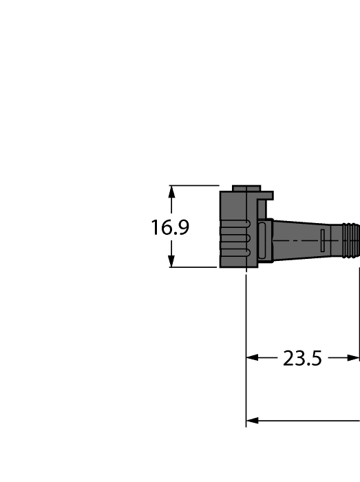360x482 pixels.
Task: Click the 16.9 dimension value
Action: [170, 227]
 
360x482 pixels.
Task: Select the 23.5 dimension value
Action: [302, 359]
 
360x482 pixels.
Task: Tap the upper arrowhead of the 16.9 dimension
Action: [171, 191]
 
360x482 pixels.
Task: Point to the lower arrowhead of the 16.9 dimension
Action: [171, 262]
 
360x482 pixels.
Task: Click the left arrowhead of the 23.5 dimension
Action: [252, 358]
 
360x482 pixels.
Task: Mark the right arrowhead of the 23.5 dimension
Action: [354, 358]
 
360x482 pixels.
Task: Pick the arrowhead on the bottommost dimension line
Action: [252, 420]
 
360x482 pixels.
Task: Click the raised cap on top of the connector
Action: [246, 188]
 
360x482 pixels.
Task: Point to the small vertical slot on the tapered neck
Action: [321, 240]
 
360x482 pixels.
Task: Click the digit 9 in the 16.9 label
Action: [182, 227]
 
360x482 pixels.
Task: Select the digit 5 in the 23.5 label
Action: [315, 359]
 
